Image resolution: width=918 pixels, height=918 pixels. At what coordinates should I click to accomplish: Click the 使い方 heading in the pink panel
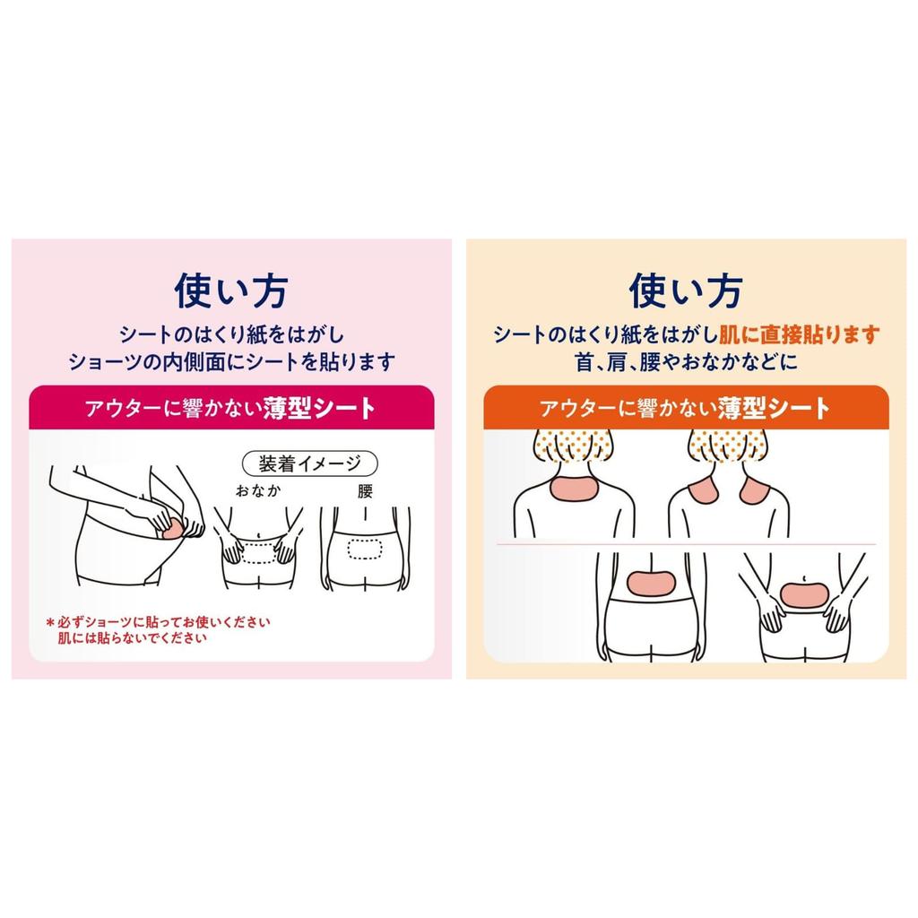(x=231, y=290)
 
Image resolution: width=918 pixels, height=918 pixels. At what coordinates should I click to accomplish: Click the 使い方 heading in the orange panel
(x=686, y=290)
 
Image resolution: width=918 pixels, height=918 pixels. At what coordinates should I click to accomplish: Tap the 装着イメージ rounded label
(x=310, y=463)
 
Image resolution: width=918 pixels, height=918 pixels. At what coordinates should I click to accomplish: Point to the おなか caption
(x=258, y=492)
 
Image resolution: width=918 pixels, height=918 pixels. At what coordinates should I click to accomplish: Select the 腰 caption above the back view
(x=365, y=492)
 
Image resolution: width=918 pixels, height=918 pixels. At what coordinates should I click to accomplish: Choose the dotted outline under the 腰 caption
(x=365, y=549)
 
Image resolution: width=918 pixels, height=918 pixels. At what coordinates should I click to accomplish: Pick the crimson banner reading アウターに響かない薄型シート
(x=231, y=409)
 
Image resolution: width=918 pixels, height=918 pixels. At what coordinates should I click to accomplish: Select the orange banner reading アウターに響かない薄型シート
(x=686, y=409)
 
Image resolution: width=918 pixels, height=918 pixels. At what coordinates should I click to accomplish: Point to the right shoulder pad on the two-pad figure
(x=757, y=492)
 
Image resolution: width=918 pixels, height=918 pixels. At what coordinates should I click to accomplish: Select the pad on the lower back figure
(x=652, y=583)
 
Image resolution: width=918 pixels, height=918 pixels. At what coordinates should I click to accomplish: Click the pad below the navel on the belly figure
(x=804, y=593)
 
